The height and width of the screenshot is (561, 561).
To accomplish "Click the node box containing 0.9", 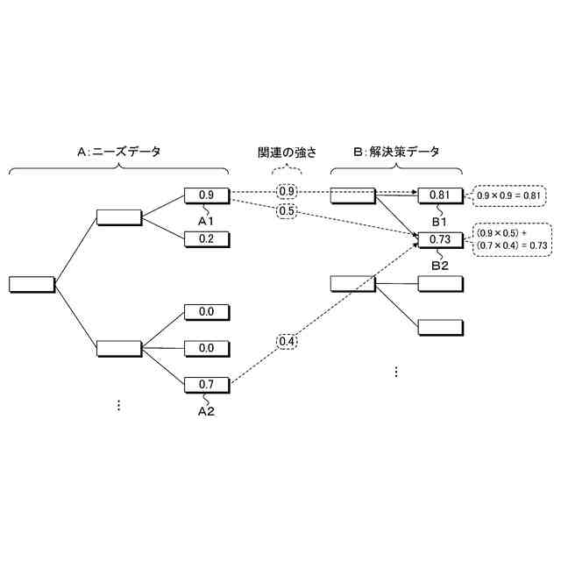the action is pos(207,195).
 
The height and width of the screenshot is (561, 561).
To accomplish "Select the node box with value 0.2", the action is pos(207,238).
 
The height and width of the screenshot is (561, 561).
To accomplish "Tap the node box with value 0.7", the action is pos(207,384).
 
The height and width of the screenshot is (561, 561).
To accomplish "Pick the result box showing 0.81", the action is pos(440,195).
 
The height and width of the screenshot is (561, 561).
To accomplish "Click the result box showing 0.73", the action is pos(440,238).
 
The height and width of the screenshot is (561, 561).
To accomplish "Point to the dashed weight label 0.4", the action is pos(287,341).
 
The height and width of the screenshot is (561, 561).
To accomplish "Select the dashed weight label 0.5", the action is pos(287,211).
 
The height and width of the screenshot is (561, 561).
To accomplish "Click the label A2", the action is pos(206,410).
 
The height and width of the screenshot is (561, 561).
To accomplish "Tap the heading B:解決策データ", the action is pos(396,152).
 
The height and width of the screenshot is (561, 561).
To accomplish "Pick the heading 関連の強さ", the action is pos(288,152).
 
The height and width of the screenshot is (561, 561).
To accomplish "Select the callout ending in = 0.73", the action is pos(511,240).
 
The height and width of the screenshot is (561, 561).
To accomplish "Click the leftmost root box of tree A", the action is pos(32,284).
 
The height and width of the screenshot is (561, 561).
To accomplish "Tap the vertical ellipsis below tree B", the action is pos(395,372).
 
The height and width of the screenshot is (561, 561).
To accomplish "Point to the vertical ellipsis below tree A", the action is pos(119,404).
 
